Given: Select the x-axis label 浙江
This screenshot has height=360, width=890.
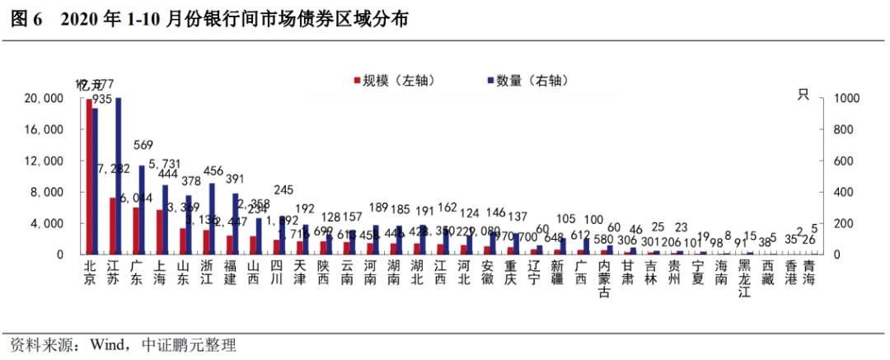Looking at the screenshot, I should tap(208, 273).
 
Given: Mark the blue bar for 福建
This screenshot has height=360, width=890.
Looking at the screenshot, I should tap(236, 223).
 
